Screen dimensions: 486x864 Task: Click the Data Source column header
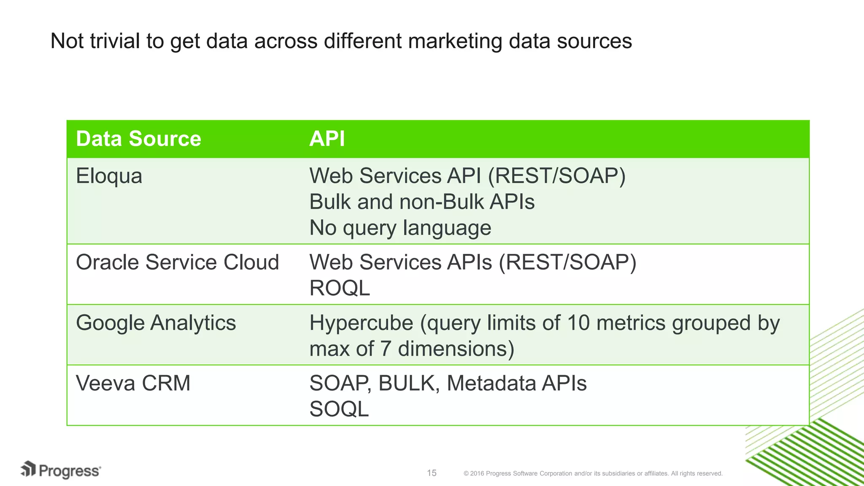(x=138, y=139)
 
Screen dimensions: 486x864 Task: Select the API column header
(x=327, y=139)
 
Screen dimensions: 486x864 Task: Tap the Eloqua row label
(x=109, y=176)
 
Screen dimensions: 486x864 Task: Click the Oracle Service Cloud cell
(x=177, y=262)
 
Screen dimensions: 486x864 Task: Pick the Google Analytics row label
(x=156, y=323)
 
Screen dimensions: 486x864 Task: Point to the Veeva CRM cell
(x=133, y=383)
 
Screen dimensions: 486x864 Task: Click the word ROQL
(x=340, y=288)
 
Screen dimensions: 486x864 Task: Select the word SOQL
(x=339, y=409)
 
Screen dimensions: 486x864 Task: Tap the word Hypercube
(x=361, y=324)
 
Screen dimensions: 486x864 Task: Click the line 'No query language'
(x=400, y=228)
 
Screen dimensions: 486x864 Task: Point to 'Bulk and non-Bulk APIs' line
(x=421, y=202)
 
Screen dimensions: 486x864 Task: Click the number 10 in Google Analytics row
(x=578, y=323)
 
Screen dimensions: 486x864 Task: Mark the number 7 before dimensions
(x=385, y=349)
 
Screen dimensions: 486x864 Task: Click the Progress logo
(x=61, y=470)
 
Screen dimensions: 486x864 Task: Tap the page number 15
(x=432, y=473)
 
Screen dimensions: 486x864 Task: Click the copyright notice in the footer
(x=593, y=473)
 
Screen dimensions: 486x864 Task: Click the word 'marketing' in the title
(x=455, y=42)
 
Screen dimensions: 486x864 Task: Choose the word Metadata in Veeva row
(x=491, y=383)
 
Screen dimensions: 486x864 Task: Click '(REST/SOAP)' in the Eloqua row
(x=556, y=176)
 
